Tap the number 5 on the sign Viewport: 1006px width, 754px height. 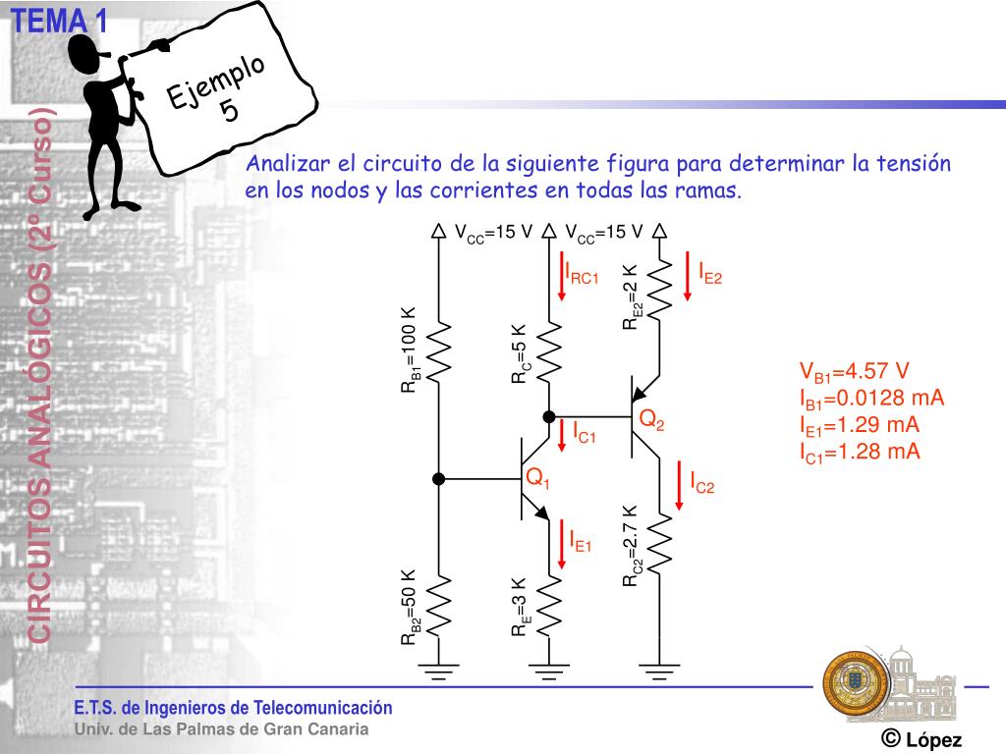230,110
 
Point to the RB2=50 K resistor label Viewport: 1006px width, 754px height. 411,607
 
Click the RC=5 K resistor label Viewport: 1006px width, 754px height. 521,354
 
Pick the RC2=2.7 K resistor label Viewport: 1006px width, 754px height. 633,546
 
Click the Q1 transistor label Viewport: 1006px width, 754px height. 537,479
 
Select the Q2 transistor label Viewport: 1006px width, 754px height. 652,420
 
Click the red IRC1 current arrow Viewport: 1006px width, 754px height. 562,278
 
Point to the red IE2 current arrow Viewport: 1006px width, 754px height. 688,278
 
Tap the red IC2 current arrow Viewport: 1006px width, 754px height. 680,486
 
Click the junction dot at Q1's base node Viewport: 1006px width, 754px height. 439,479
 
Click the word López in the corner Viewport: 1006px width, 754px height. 933,740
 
